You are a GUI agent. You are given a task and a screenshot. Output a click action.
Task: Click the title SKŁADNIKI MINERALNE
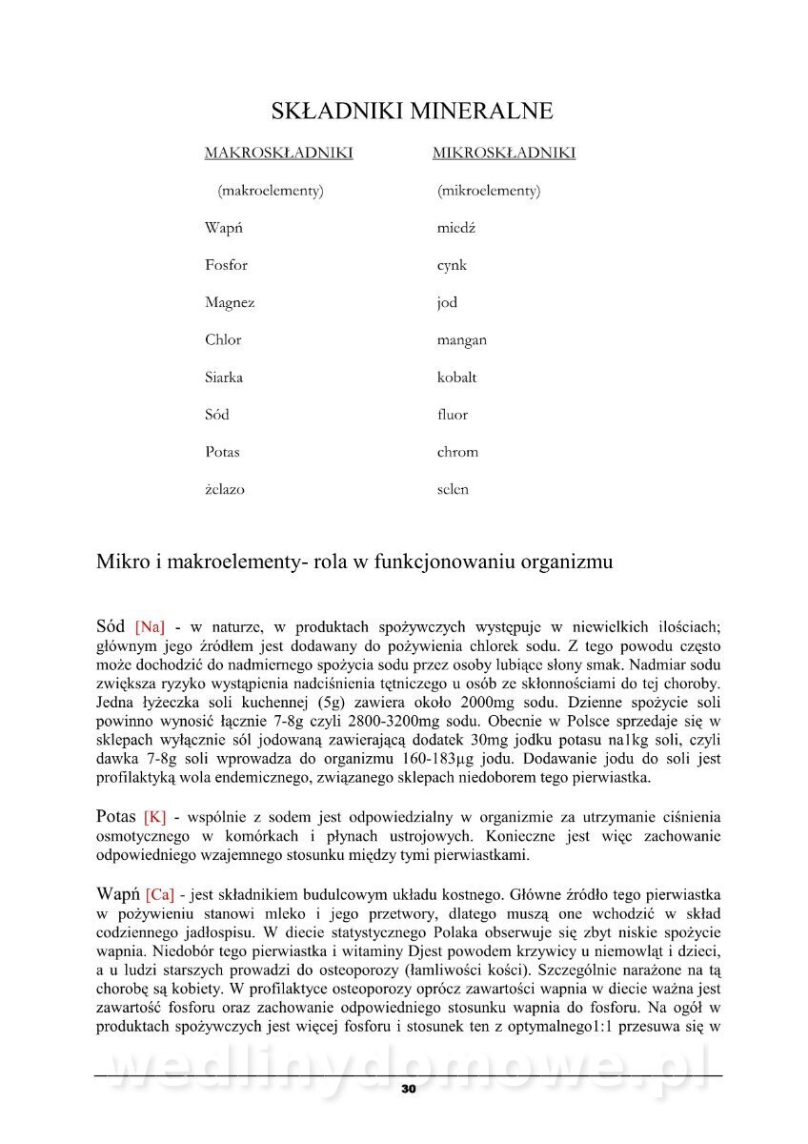click(412, 112)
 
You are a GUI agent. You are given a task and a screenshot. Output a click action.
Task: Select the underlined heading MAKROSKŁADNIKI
click(278, 153)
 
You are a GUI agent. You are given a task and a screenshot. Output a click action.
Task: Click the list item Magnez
click(230, 303)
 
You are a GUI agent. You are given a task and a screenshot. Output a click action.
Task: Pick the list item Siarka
click(223, 378)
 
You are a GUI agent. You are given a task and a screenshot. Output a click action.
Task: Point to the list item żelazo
click(224, 490)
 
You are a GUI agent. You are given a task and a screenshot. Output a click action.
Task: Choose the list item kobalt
click(456, 378)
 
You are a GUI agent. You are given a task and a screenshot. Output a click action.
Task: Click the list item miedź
click(455, 229)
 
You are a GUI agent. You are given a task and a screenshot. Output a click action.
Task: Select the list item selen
click(453, 490)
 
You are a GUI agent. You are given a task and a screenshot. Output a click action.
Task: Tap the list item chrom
click(457, 452)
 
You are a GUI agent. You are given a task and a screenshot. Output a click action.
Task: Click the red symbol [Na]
click(150, 628)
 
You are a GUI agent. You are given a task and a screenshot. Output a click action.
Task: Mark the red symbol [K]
click(154, 818)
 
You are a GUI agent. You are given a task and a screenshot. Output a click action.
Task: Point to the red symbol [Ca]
click(160, 895)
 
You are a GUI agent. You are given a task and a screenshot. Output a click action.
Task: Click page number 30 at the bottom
click(408, 1089)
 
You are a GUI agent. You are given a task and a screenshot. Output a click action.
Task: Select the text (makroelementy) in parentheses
click(271, 191)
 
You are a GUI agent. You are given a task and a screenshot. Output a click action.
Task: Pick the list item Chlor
click(223, 340)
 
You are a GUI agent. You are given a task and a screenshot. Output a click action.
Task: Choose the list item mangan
click(461, 340)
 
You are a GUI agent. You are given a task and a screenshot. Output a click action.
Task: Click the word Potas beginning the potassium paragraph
click(116, 817)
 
